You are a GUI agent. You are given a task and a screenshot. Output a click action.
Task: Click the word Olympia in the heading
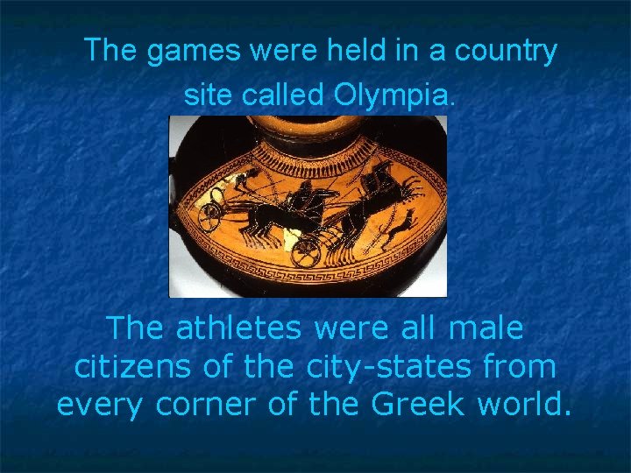[393, 95]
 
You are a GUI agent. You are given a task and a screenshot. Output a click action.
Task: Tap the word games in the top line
[193, 52]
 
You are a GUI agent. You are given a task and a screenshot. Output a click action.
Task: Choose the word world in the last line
[523, 405]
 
